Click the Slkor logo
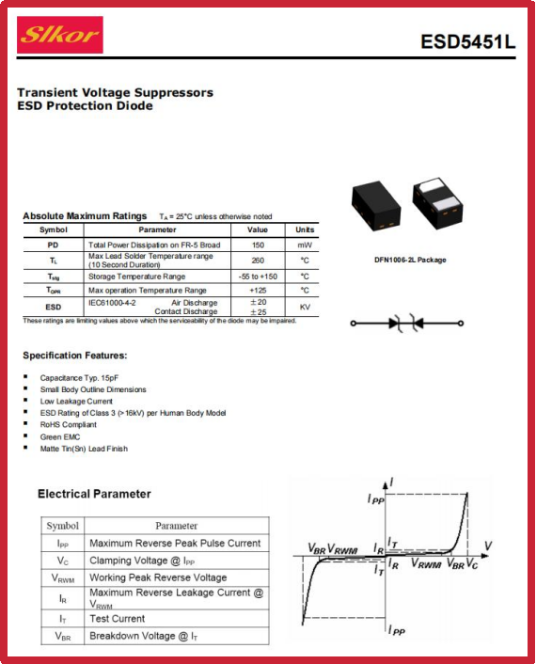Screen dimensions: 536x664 click(59, 35)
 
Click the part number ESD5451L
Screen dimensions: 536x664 click(468, 41)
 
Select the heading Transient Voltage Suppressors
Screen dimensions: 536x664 click(115, 92)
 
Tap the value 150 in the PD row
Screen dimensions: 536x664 click(258, 245)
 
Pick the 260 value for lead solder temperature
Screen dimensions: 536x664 click(258, 260)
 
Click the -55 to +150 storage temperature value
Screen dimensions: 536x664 click(258, 277)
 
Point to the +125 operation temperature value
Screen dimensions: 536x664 click(258, 291)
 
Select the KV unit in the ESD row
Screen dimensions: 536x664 click(305, 307)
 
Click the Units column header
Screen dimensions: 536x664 click(305, 229)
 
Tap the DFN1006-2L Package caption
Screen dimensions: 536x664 click(410, 260)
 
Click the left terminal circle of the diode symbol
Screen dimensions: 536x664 click(353, 324)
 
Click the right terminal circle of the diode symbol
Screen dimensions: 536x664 click(461, 324)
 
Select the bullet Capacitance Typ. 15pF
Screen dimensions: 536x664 click(79, 378)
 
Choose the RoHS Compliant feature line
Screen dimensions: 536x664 click(68, 424)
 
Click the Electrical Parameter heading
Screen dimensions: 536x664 click(94, 494)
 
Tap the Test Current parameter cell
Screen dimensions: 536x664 click(118, 619)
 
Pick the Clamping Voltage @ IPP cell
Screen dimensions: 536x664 click(142, 561)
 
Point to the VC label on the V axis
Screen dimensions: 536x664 click(472, 563)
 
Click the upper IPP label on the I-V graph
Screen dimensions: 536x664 click(375, 499)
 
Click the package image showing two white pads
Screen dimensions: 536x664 click(438, 202)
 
